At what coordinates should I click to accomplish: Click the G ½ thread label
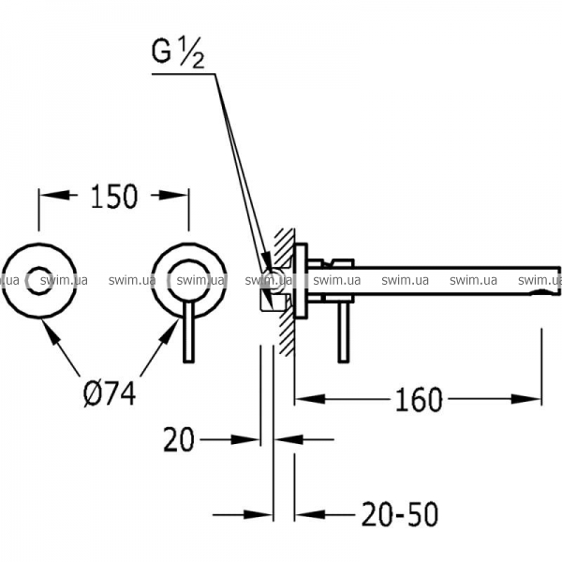[178, 54]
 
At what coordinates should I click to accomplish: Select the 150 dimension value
[114, 197]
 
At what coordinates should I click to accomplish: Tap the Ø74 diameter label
[110, 393]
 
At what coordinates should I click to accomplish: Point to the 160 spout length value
[419, 400]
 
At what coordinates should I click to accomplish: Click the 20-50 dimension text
[400, 514]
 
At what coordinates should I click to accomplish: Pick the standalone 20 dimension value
[179, 440]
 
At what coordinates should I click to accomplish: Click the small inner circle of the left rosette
[39, 281]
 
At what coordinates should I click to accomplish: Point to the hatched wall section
[285, 291]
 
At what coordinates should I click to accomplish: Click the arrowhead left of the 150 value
[54, 196]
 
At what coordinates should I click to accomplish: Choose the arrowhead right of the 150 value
[173, 196]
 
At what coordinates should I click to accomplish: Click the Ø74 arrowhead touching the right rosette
[170, 333]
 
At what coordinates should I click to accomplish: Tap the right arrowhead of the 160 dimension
[525, 399]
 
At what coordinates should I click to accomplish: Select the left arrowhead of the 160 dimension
[310, 399]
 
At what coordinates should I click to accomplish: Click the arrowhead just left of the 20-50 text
[310, 514]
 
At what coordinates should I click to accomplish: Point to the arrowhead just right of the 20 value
[288, 439]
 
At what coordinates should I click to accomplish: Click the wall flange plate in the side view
[301, 281]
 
